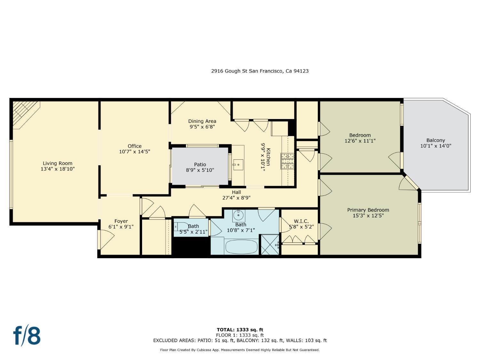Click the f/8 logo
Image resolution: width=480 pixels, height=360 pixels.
click(27, 335)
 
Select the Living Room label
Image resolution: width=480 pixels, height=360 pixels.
click(58, 163)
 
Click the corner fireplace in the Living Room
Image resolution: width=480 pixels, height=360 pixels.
click(24, 112)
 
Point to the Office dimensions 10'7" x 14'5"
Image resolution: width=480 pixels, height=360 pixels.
click(134, 152)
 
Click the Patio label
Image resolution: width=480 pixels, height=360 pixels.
click(200, 164)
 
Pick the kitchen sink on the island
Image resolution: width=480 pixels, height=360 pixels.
click(238, 165)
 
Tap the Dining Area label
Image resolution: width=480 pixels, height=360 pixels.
click(202, 121)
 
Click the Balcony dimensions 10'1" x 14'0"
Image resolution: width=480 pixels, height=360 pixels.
click(436, 146)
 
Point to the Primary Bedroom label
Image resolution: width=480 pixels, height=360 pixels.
click(368, 210)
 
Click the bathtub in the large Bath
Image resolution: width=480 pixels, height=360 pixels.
click(241, 247)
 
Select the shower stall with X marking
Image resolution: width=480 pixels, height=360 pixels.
click(270, 245)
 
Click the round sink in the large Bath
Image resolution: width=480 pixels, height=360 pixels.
click(238, 215)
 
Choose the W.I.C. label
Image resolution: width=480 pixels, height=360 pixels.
click(301, 221)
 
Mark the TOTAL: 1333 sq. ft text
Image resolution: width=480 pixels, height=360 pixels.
click(240, 330)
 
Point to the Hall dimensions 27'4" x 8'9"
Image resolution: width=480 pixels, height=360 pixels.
click(236, 198)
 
